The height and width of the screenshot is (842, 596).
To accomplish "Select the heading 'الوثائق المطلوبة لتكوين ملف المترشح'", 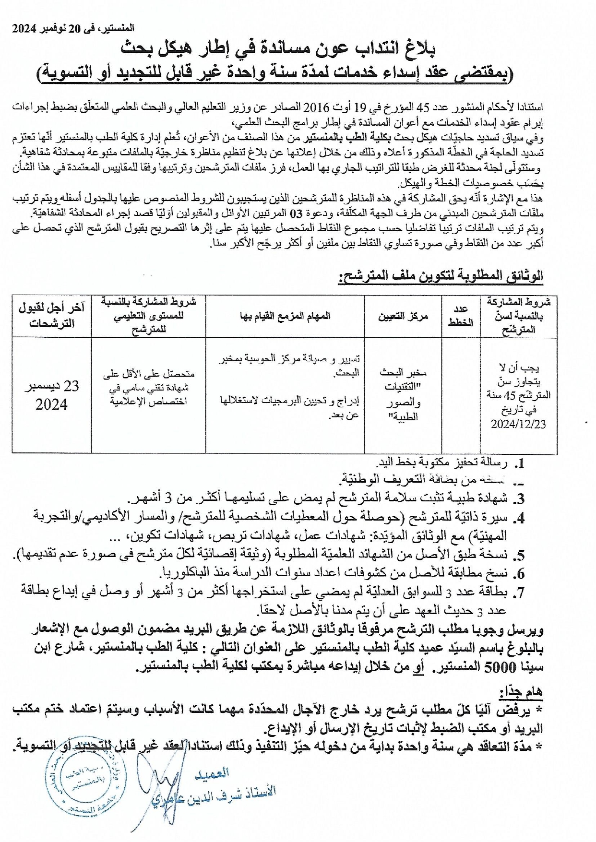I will click(441, 276).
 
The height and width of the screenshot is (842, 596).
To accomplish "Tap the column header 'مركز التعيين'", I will click(403, 316).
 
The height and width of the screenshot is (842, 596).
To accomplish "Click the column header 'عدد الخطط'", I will click(461, 316).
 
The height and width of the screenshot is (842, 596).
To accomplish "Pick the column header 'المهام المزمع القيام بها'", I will click(285, 316).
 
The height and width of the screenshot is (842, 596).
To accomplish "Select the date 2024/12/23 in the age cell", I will click(518, 424).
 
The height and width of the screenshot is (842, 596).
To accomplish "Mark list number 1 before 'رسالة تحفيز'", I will click(519, 463).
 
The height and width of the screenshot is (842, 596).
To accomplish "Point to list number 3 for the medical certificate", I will click(519, 499).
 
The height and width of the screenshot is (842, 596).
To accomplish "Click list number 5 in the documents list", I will click(519, 556).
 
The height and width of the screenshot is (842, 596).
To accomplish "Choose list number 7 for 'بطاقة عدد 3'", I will click(519, 593).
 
